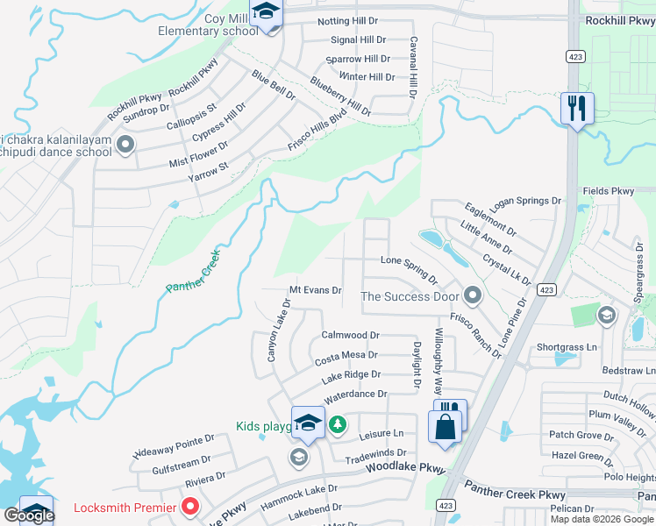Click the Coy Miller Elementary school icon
[265, 13]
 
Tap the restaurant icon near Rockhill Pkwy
[577, 109]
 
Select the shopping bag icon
[445, 427]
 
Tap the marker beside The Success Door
[474, 296]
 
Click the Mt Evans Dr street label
[315, 290]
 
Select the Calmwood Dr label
[350, 335]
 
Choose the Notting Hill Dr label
[346, 20]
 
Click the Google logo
[29, 515]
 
